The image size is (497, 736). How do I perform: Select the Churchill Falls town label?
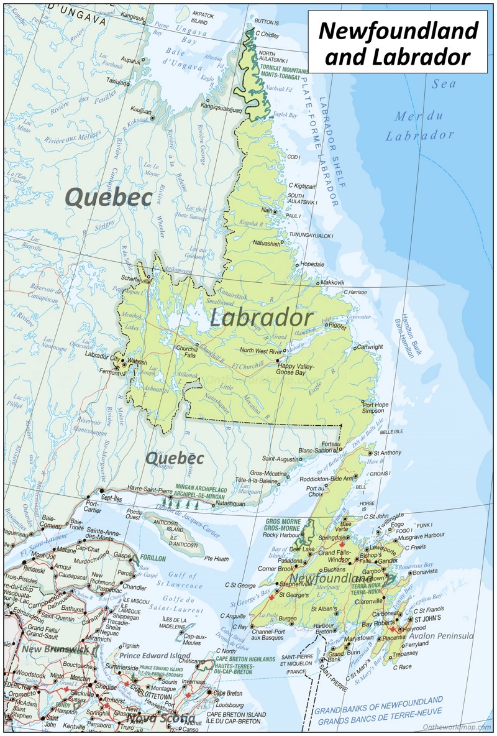[x=186, y=352]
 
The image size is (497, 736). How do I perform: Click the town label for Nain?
[x=267, y=210]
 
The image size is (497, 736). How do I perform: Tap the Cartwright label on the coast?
[x=370, y=347]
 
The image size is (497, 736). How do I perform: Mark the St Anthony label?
[x=388, y=453]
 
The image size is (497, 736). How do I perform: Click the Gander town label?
[x=388, y=560]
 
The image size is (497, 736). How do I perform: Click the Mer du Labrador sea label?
[x=419, y=125]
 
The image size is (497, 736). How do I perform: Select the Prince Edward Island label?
[x=155, y=655]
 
